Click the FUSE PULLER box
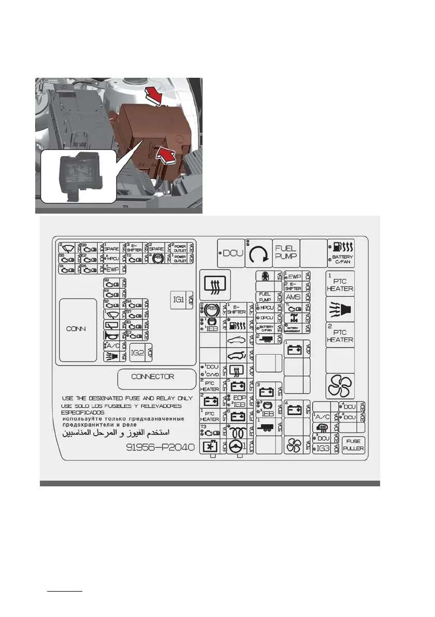(x=355, y=444)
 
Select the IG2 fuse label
(x=137, y=353)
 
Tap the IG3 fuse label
(x=323, y=448)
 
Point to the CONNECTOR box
(x=152, y=377)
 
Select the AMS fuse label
(x=294, y=297)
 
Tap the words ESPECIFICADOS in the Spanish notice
(x=82, y=412)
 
